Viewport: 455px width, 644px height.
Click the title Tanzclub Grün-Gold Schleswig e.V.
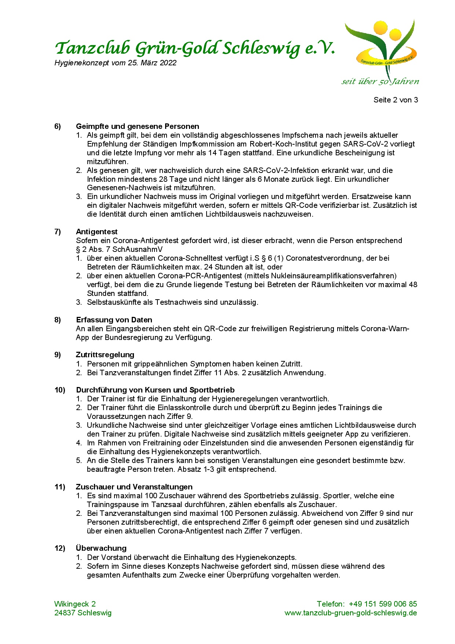tap(194, 48)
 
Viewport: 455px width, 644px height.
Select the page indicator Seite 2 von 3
tap(396, 100)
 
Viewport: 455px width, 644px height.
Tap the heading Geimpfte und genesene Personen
tap(137, 127)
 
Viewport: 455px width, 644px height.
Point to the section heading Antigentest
tap(97, 232)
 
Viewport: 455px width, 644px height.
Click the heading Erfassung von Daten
tap(114, 320)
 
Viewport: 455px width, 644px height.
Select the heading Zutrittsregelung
tap(105, 355)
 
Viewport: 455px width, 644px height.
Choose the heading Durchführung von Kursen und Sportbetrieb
tap(155, 390)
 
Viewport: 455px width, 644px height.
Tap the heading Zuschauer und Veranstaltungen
tap(134, 487)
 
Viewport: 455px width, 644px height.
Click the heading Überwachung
tap(101, 548)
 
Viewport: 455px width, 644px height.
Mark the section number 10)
tap(59, 390)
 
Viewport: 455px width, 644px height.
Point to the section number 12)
tap(59, 548)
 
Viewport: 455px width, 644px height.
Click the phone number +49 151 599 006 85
tap(383, 604)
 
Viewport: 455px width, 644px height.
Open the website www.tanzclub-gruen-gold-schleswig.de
tap(350, 613)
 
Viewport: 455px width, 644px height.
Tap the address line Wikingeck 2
tap(75, 604)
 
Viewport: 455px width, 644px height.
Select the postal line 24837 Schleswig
tap(83, 613)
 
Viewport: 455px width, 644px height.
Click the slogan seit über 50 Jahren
tap(380, 82)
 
